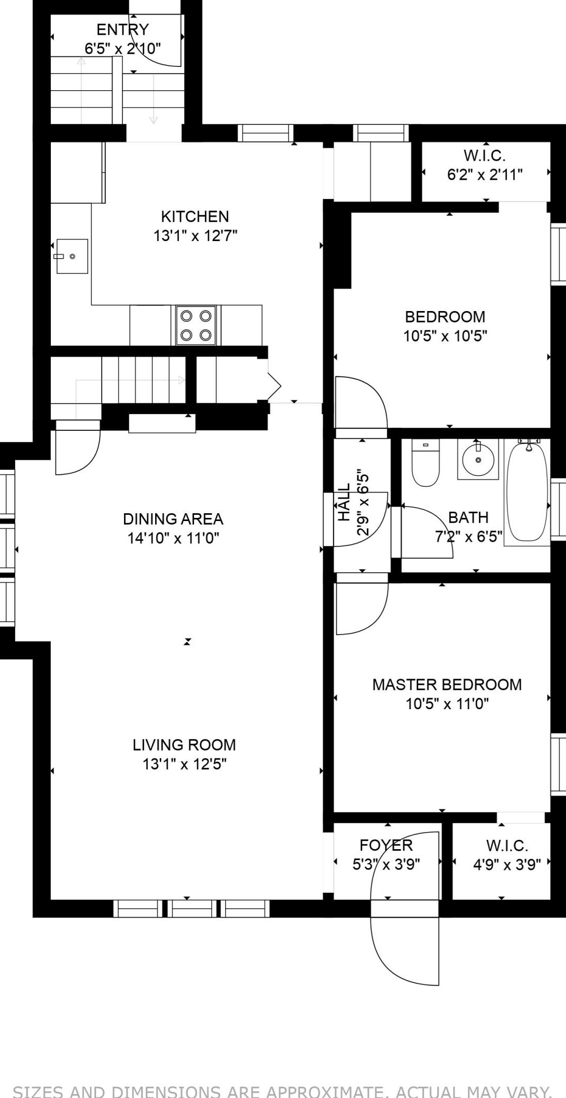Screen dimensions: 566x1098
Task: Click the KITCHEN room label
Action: click(195, 216)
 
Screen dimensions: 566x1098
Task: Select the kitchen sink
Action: click(72, 256)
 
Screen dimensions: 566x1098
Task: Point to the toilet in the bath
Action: click(425, 462)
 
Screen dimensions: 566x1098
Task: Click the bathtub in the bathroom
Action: click(527, 490)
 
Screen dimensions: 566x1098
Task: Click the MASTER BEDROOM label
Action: click(447, 684)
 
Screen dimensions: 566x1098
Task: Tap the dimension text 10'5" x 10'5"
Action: click(446, 336)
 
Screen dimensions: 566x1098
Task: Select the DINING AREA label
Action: click(173, 519)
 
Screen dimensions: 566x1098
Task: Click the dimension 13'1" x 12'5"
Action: click(185, 764)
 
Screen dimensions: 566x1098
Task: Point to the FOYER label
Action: click(386, 846)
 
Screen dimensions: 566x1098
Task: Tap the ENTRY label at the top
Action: click(123, 30)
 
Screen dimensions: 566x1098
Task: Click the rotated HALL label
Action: click(344, 502)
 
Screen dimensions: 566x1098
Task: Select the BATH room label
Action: click(468, 517)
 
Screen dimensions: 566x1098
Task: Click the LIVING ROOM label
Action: click(184, 745)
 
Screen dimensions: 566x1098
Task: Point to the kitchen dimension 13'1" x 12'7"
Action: click(195, 236)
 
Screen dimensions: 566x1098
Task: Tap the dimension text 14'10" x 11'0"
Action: click(173, 538)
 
